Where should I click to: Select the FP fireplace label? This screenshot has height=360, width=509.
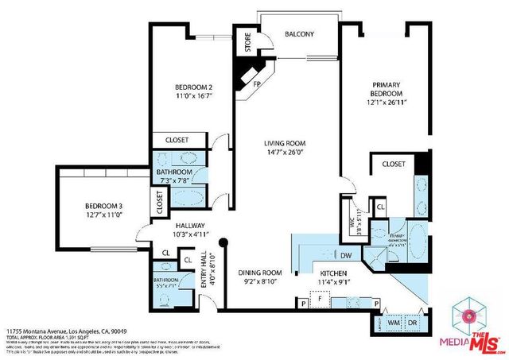[257, 83]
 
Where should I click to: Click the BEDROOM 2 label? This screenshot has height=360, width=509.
[193, 87]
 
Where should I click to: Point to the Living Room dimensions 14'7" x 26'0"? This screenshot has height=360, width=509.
[285, 153]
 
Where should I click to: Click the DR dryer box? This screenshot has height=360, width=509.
[412, 323]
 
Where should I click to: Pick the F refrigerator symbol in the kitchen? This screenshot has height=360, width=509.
[320, 301]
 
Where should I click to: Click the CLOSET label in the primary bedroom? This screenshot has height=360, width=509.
[393, 164]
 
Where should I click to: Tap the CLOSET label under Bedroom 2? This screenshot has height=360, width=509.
[177, 140]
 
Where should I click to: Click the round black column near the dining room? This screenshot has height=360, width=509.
[224, 242]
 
